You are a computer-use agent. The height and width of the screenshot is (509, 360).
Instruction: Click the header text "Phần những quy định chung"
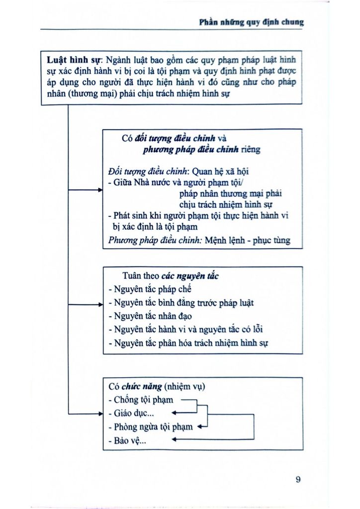click(251, 22)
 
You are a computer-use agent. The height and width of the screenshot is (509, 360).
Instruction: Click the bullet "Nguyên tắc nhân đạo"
click(153, 316)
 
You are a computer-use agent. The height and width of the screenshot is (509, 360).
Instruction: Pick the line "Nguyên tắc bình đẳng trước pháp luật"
click(184, 302)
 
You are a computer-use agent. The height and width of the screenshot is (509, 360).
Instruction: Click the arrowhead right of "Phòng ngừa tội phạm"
click(200, 426)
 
